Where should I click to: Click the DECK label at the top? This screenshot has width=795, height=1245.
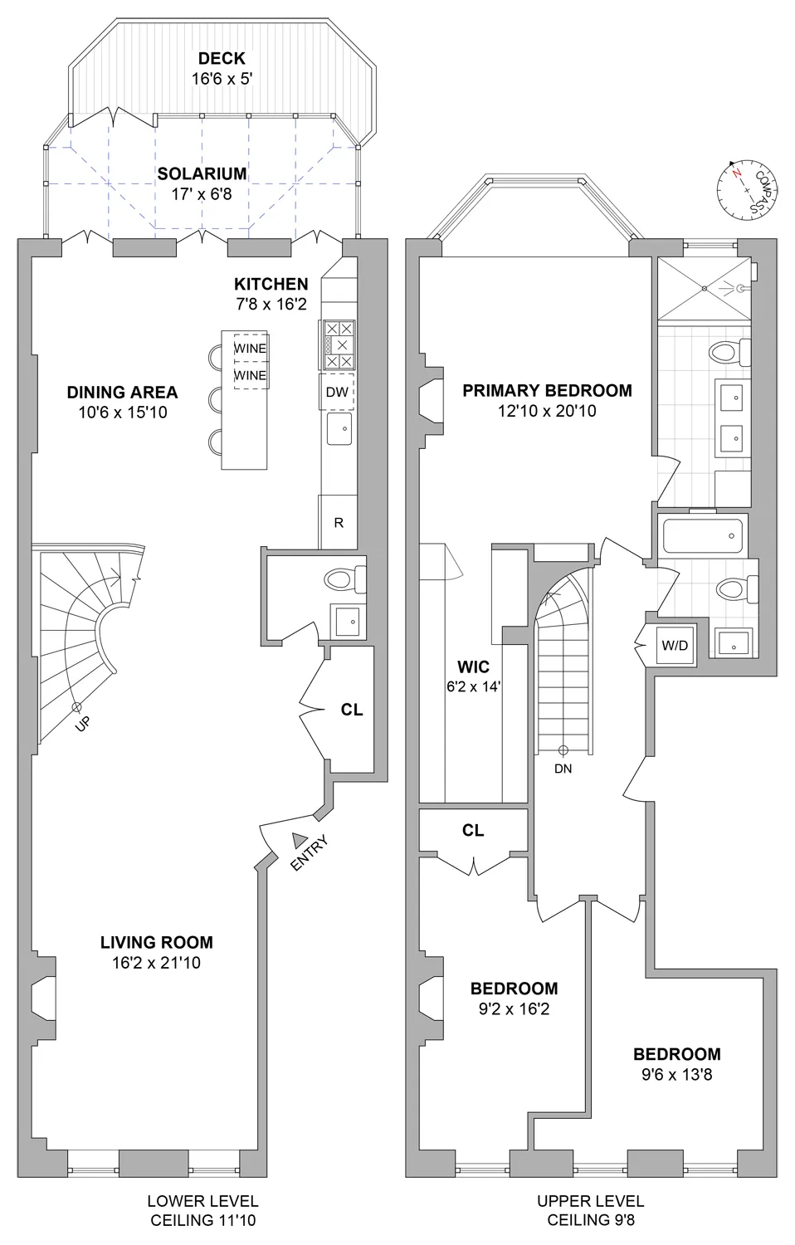[x=222, y=58]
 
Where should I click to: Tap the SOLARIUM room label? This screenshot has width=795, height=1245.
[x=202, y=173]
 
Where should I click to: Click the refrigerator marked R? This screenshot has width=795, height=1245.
[x=339, y=523]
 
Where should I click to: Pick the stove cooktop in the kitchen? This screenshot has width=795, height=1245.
[x=337, y=344]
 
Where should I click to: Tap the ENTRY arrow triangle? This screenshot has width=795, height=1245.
[x=299, y=840]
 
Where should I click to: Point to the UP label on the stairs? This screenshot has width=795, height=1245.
[x=82, y=724]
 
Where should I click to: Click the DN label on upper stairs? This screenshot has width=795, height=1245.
[x=563, y=769]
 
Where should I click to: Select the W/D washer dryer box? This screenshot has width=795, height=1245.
[x=675, y=645]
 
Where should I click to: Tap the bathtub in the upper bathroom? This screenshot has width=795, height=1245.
[x=704, y=536]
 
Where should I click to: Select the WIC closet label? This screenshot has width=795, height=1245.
[x=473, y=666]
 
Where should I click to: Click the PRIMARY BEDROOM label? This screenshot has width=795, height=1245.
[x=547, y=390]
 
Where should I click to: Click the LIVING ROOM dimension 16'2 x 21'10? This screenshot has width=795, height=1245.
[x=157, y=964]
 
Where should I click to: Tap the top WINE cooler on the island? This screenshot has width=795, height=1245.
[x=250, y=349]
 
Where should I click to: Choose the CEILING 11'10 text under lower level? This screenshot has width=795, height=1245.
[x=202, y=1220]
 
